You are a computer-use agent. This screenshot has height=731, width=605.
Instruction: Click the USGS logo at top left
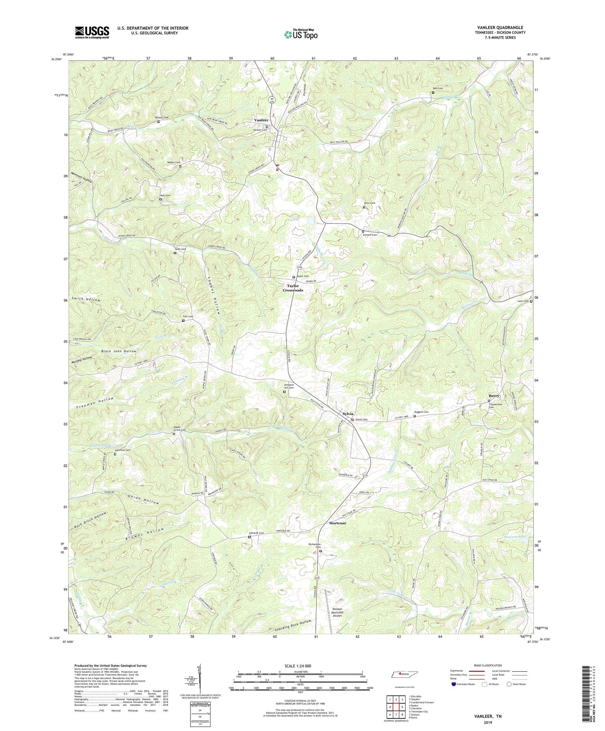[92, 32]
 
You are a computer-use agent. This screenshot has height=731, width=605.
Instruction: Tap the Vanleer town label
[261, 120]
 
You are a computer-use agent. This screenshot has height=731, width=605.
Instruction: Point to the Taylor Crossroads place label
[293, 288]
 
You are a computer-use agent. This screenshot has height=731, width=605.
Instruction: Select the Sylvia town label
[348, 414]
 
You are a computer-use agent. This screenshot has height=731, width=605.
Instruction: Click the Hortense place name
[337, 523]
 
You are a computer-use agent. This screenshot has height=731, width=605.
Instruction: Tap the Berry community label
[494, 396]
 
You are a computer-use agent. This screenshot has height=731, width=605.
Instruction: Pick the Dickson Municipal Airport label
[337, 612]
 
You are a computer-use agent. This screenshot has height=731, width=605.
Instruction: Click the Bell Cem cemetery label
[438, 88]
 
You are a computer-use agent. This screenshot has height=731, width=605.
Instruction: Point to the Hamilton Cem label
[123, 450]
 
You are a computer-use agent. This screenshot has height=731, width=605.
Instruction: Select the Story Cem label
[369, 203]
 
